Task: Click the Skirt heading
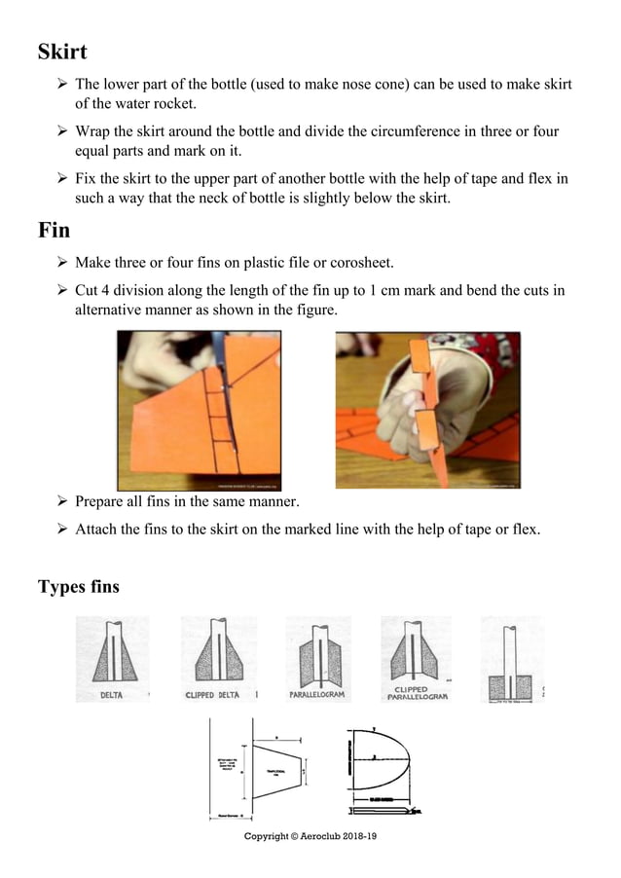click(x=62, y=51)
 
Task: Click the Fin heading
click(x=55, y=231)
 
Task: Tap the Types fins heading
click(x=79, y=587)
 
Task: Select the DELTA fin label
click(x=111, y=695)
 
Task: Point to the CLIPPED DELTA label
click(x=212, y=695)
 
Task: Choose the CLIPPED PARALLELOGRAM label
click(x=417, y=693)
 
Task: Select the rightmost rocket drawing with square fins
click(x=511, y=657)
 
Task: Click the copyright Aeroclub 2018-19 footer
click(x=310, y=837)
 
